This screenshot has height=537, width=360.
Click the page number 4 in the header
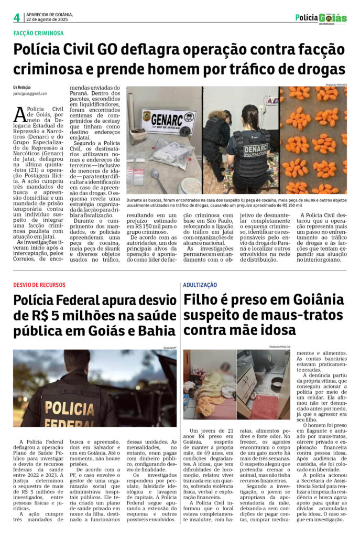17,17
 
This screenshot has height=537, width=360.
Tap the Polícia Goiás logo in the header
321,18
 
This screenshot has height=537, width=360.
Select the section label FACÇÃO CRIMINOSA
38,33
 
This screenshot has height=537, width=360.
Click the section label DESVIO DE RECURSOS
39,285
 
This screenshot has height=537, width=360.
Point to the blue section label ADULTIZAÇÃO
200,285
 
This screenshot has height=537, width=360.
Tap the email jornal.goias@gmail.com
30,93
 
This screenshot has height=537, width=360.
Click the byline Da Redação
22,87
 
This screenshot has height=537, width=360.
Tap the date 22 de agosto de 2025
48,19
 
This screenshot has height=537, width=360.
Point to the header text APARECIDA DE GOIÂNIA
50,14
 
